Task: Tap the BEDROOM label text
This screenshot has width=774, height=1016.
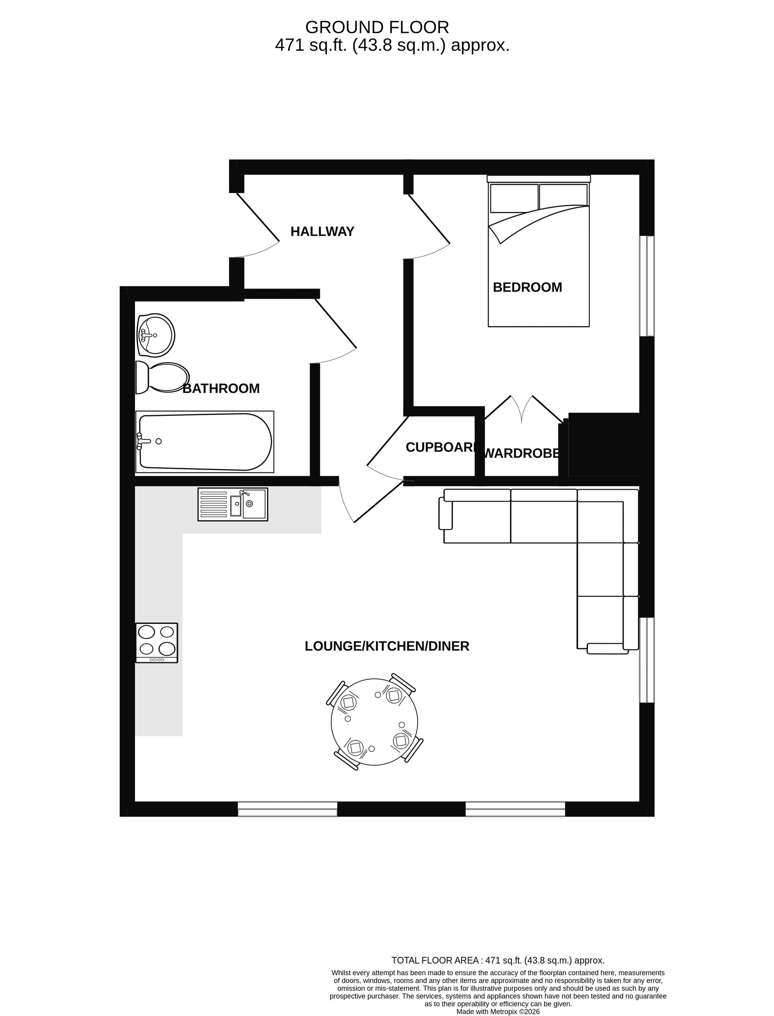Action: click(x=528, y=287)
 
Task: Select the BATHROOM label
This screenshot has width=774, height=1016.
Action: click(x=221, y=389)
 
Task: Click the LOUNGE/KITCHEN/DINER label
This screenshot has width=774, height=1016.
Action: click(x=387, y=646)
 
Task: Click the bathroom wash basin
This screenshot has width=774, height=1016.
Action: click(x=156, y=335)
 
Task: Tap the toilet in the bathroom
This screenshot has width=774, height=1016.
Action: click(x=162, y=378)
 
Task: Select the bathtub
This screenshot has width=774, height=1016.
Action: click(x=205, y=442)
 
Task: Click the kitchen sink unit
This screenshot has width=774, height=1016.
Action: click(x=233, y=504)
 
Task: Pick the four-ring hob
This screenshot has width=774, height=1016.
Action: click(x=157, y=643)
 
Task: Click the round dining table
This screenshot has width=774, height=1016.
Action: click(x=374, y=722)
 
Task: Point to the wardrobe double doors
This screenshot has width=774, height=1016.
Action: click(x=522, y=410)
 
